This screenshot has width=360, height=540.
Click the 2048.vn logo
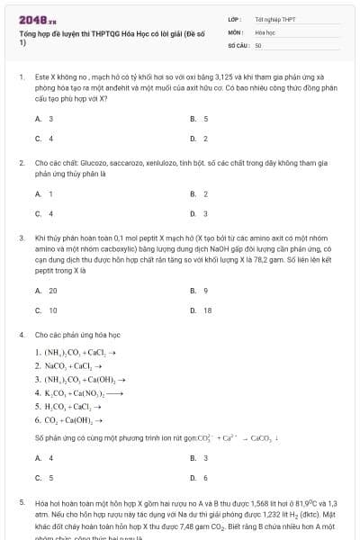coord(31,18)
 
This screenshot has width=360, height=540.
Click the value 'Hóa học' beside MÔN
coord(265,31)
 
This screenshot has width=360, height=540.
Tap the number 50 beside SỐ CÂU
coord(258,44)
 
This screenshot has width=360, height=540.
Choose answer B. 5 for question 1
coord(199,119)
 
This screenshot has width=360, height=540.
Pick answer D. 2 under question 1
coord(199,139)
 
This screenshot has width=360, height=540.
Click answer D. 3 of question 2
coord(199,213)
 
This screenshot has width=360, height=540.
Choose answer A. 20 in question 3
coord(46,291)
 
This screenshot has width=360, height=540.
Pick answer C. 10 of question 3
coord(46,310)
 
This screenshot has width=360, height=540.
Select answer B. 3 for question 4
coord(199,458)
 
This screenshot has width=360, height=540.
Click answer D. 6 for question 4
coord(199,478)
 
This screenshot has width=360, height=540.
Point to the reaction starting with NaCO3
coord(67,365)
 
